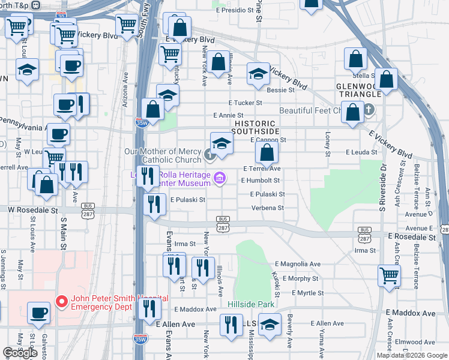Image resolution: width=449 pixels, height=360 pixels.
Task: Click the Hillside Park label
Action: pos(251,304)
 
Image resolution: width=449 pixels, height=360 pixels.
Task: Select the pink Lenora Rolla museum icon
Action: pos(220,178)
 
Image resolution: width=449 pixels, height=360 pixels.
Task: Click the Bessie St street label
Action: pos(280,90)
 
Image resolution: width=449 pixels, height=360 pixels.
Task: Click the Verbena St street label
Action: pos(267,208)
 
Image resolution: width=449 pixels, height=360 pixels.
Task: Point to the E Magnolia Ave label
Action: pos(298,264)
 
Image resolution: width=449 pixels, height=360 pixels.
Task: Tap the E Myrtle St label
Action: pos(308,293)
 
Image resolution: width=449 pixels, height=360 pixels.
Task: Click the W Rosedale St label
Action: pos(32,211)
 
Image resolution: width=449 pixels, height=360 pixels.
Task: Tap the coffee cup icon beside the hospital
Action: pos(40,313)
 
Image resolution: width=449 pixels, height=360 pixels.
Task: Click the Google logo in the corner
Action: pos(20,353)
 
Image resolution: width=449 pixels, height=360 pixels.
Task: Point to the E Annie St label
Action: pos(228,115)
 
